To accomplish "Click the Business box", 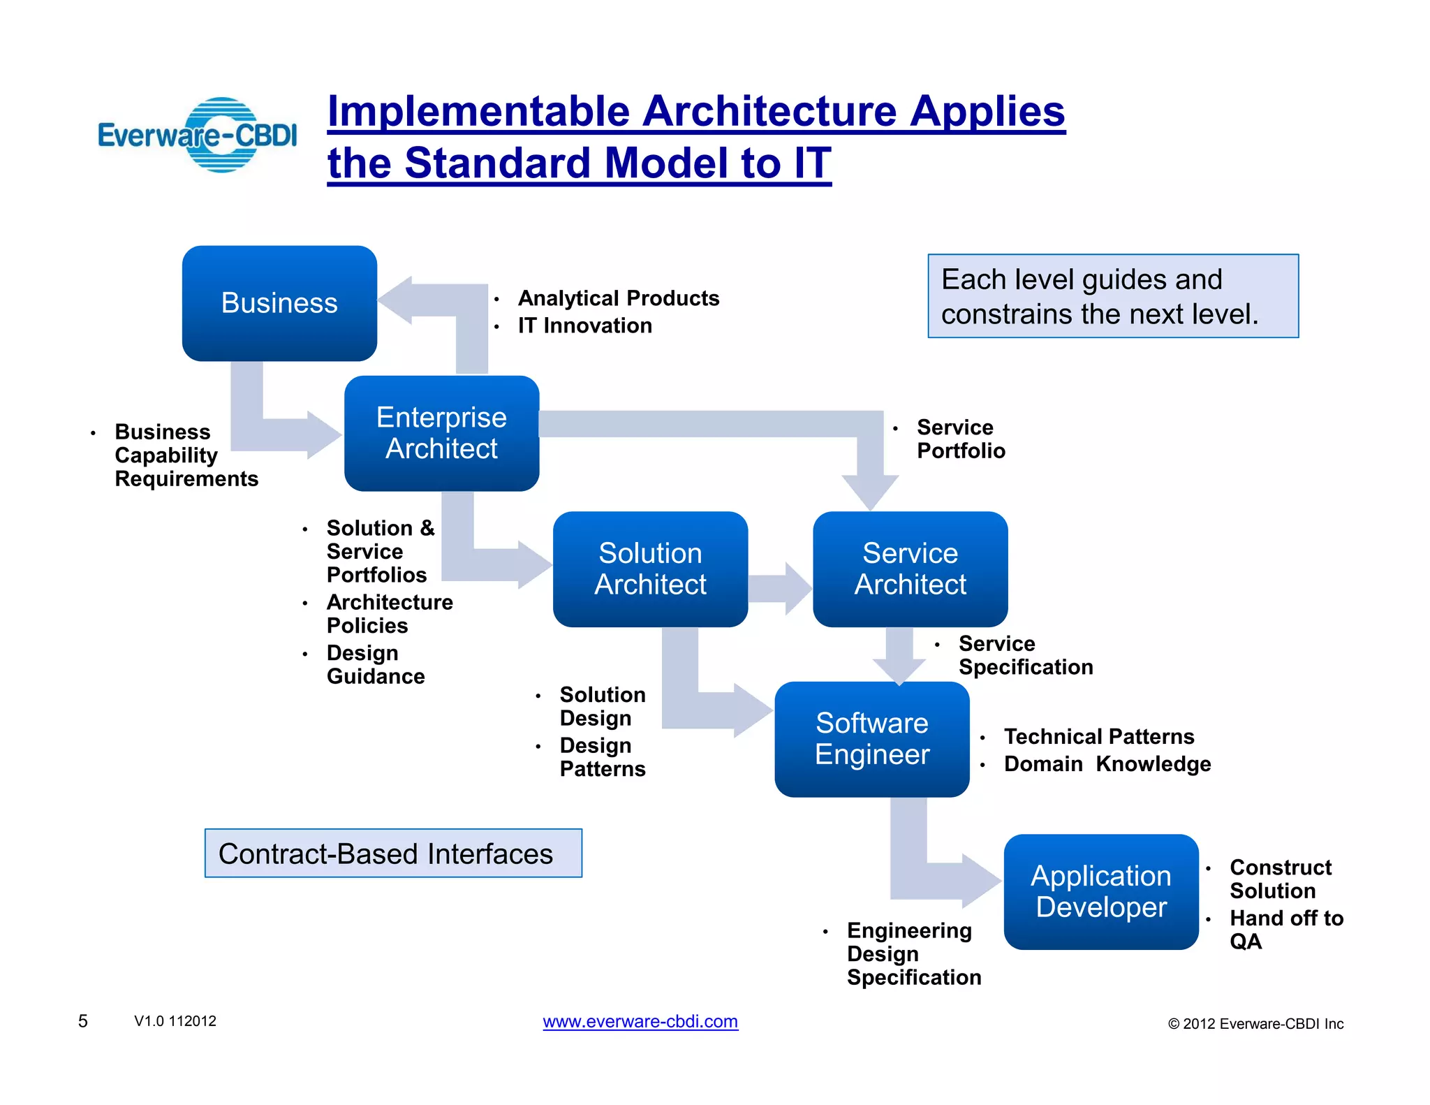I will pos(279,303).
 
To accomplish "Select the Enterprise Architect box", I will pos(441,433).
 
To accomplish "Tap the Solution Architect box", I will pos(650,569).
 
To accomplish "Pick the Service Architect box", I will pos(910,569).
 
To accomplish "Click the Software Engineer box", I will pos(871,739).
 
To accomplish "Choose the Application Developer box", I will pos(1100,891).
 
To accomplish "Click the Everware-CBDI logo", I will pos(198,135).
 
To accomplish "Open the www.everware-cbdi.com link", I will pos(640,1021).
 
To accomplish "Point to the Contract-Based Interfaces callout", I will pos(393,854).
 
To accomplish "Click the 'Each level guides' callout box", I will pos(1112,296).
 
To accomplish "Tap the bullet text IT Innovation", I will pos(584,325).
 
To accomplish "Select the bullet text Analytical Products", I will pos(618,298).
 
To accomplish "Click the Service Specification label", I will pos(1025,655).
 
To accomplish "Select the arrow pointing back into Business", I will pos(419,300).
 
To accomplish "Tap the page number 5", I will pos(82,1021).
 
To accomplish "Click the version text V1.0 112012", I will pos(175,1021).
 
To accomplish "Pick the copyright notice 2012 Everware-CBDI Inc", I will pos(1255,1024).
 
